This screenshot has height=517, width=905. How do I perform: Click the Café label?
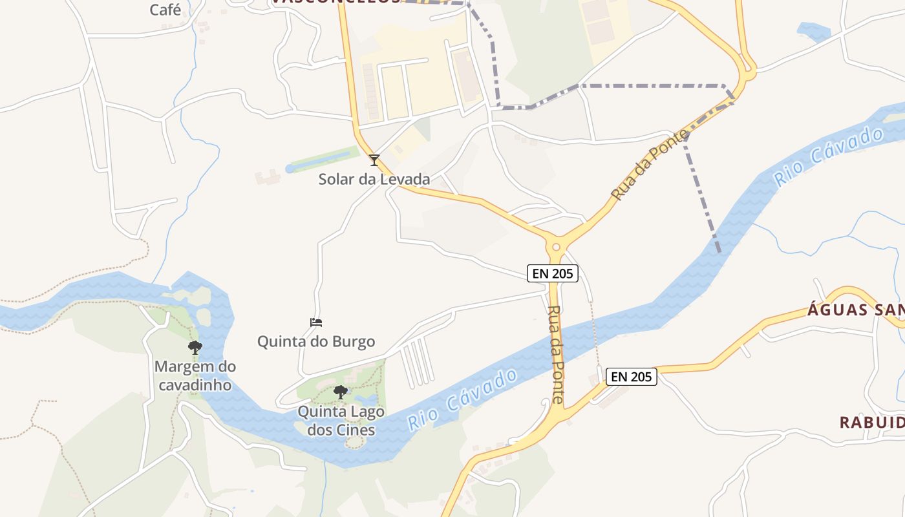tap(165, 10)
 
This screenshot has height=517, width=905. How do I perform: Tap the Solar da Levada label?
tap(374, 179)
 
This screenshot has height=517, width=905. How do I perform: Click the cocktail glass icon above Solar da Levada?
tap(374, 160)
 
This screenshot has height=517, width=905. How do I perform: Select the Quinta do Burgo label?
tap(316, 341)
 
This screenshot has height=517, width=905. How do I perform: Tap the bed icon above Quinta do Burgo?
tap(316, 322)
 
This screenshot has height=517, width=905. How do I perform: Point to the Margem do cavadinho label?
tap(195, 375)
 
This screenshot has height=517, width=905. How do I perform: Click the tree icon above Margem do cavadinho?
tap(195, 348)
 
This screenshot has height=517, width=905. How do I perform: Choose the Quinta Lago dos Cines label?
tap(341, 420)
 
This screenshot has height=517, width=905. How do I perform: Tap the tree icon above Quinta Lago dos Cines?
tap(340, 392)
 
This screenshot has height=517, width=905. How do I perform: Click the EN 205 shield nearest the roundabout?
tap(551, 273)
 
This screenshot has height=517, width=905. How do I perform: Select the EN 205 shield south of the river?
tap(632, 376)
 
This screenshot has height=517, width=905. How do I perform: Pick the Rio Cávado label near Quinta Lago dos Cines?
tap(463, 399)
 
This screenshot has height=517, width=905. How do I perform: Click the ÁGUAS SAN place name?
tap(855, 310)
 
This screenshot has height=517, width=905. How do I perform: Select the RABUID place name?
tap(871, 423)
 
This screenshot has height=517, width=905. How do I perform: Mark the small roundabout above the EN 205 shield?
tap(555, 246)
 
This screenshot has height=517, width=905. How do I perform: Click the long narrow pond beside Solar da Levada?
tap(322, 159)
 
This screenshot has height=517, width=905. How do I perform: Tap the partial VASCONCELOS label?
tap(336, 2)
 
